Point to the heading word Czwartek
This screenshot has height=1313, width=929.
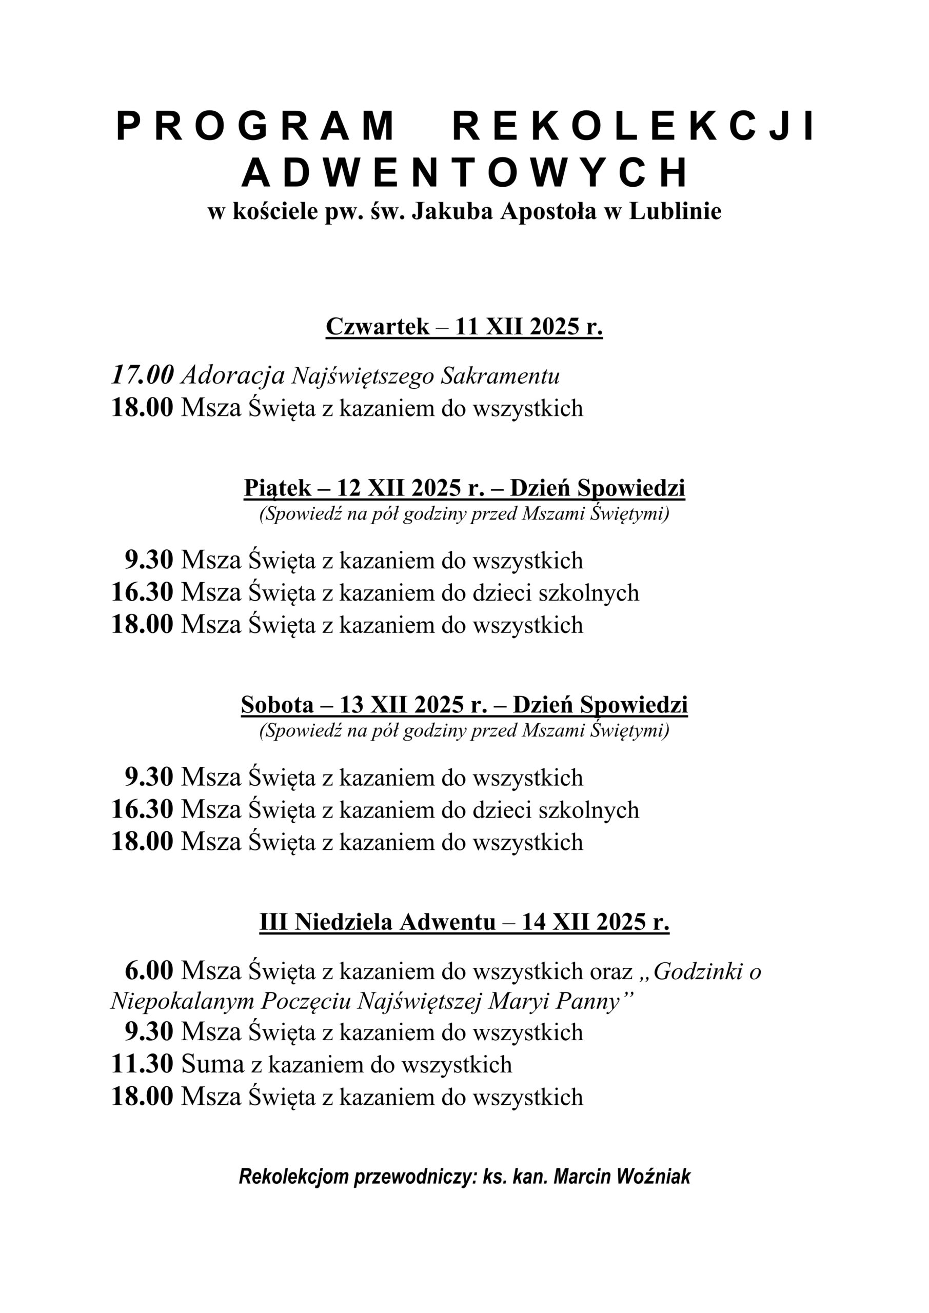377,327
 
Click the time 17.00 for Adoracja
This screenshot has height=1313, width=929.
142,376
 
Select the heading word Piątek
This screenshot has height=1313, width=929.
278,488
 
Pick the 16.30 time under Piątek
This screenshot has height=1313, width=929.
142,592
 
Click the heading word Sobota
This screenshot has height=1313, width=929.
278,705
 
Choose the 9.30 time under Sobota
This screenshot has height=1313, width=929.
149,777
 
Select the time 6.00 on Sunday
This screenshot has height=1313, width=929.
149,971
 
